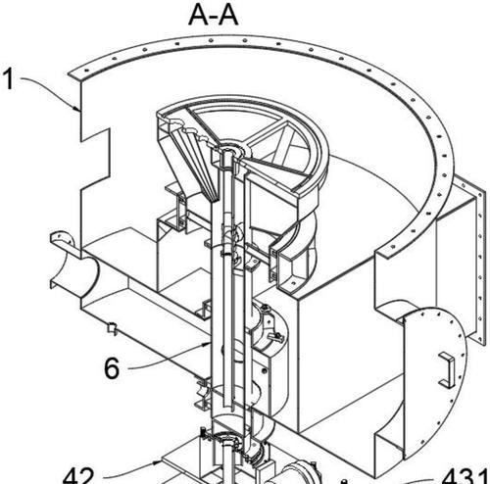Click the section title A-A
(214, 16)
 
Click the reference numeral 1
(9, 78)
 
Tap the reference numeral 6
(112, 367)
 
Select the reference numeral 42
(78, 476)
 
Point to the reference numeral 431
(466, 476)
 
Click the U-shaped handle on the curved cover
(447, 370)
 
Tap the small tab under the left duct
(112, 328)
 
